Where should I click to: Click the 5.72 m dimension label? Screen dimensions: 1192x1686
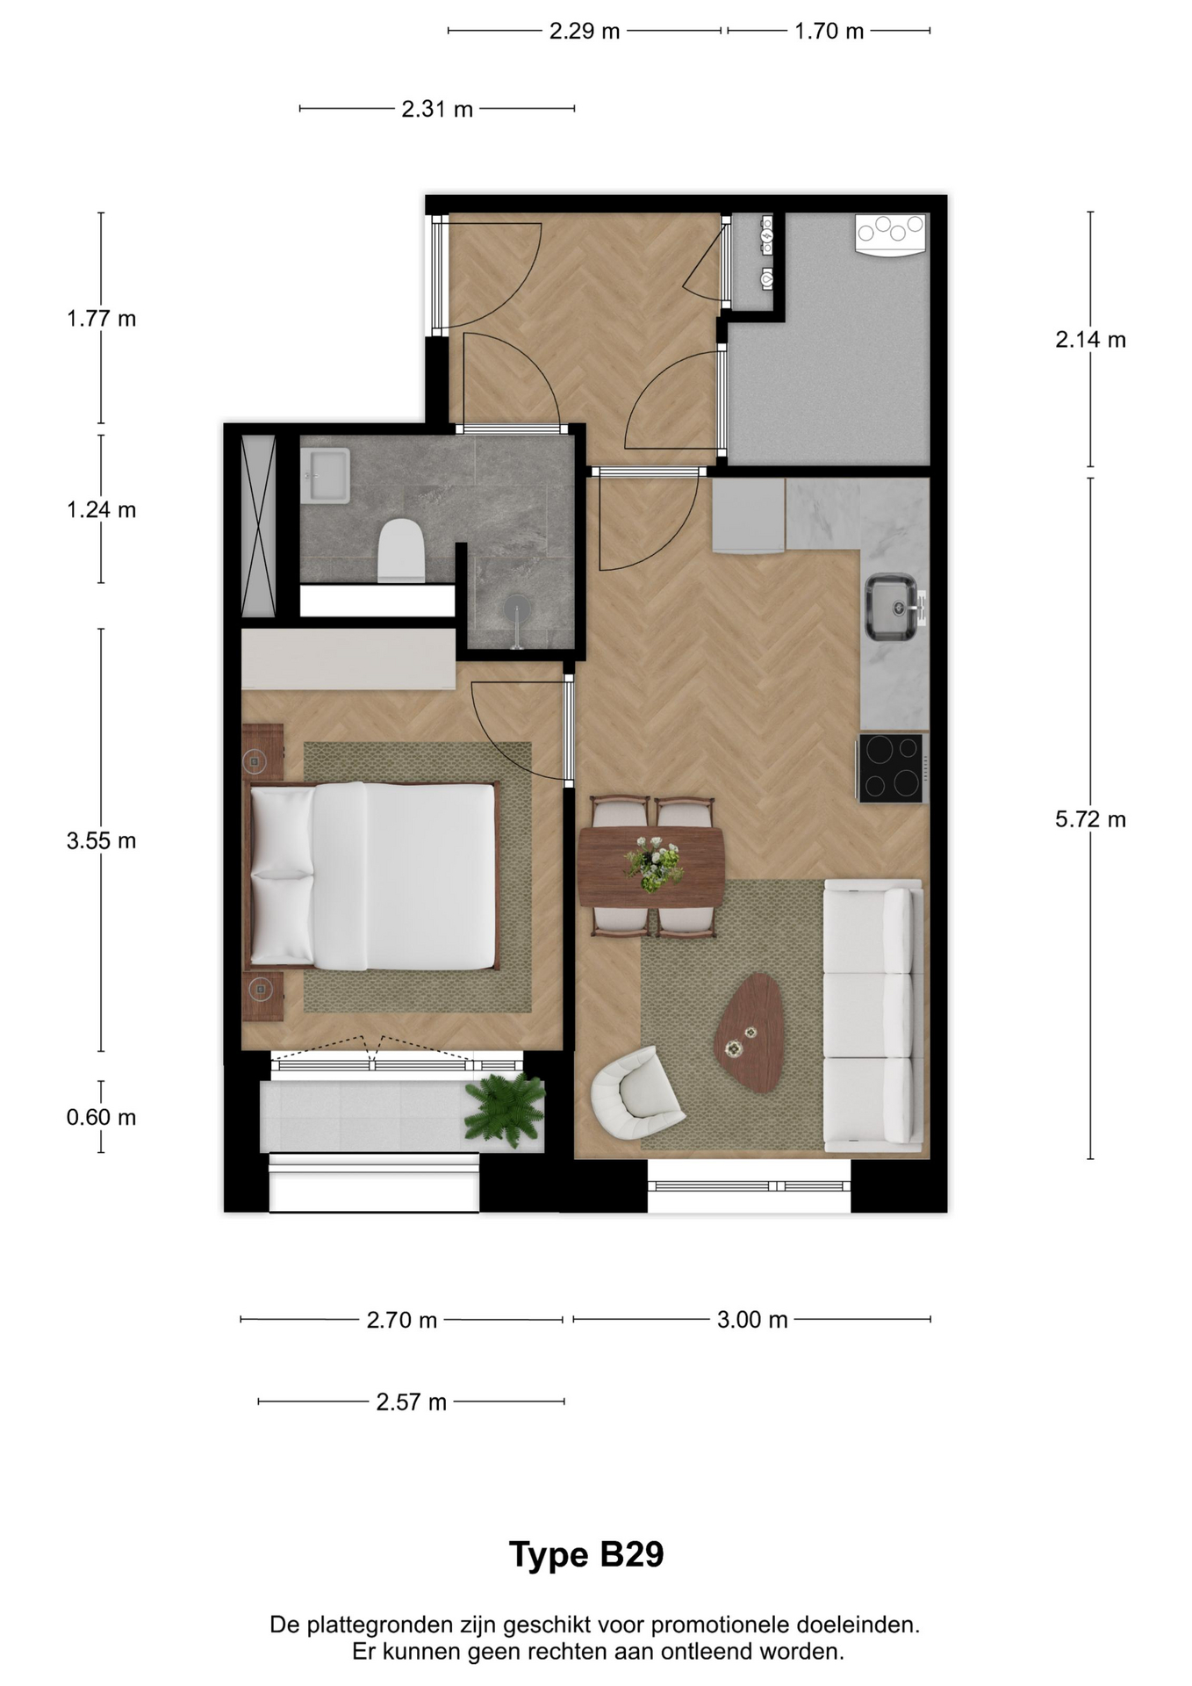(1090, 819)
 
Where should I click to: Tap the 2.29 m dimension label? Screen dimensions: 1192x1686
(585, 32)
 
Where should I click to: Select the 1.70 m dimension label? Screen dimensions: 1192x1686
(829, 32)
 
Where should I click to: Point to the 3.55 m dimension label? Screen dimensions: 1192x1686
(102, 841)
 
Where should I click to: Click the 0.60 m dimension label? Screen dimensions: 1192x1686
(102, 1117)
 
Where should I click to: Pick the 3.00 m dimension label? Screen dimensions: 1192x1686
(752, 1320)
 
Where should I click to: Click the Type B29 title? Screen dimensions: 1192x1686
(586, 1554)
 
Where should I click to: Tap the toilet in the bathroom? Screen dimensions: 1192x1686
(401, 550)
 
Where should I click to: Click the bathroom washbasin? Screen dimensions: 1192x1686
(325, 475)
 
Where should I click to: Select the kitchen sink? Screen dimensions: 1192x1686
(893, 607)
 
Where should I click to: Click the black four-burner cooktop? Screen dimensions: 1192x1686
(891, 768)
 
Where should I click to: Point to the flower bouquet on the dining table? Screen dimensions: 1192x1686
(654, 863)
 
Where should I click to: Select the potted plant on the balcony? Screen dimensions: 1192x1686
(505, 1109)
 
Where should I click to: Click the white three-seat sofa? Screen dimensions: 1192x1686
(872, 1015)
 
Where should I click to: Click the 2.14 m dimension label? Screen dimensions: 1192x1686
(1090, 340)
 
